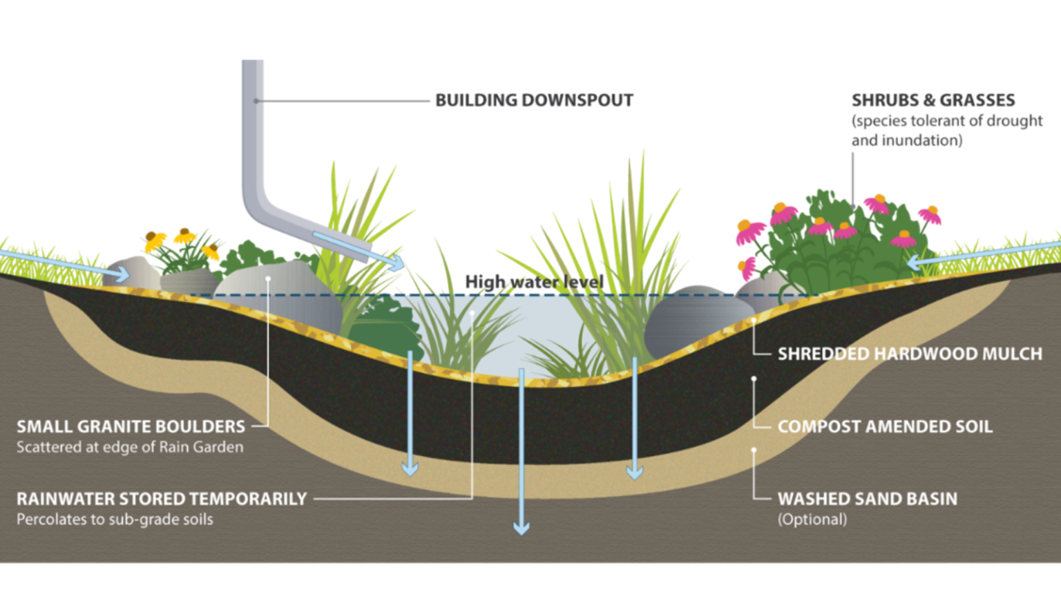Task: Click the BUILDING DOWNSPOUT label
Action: point(534,100)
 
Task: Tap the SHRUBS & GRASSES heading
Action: point(933,100)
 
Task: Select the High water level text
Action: point(534,282)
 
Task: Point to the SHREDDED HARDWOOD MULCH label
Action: point(910,354)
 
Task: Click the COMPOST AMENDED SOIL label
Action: point(885,426)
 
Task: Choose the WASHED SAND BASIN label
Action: point(868,499)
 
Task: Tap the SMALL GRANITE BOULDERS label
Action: point(131,426)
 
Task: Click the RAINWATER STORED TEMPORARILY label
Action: point(162,499)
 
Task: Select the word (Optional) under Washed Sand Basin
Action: point(812,520)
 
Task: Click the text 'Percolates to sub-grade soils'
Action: point(115,520)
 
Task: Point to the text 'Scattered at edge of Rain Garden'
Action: point(130,447)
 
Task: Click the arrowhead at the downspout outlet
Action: point(397,263)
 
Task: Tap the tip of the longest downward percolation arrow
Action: point(522,534)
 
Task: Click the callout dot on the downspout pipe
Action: point(256,101)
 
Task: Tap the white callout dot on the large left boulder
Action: point(268,278)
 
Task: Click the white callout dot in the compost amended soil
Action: point(754,379)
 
